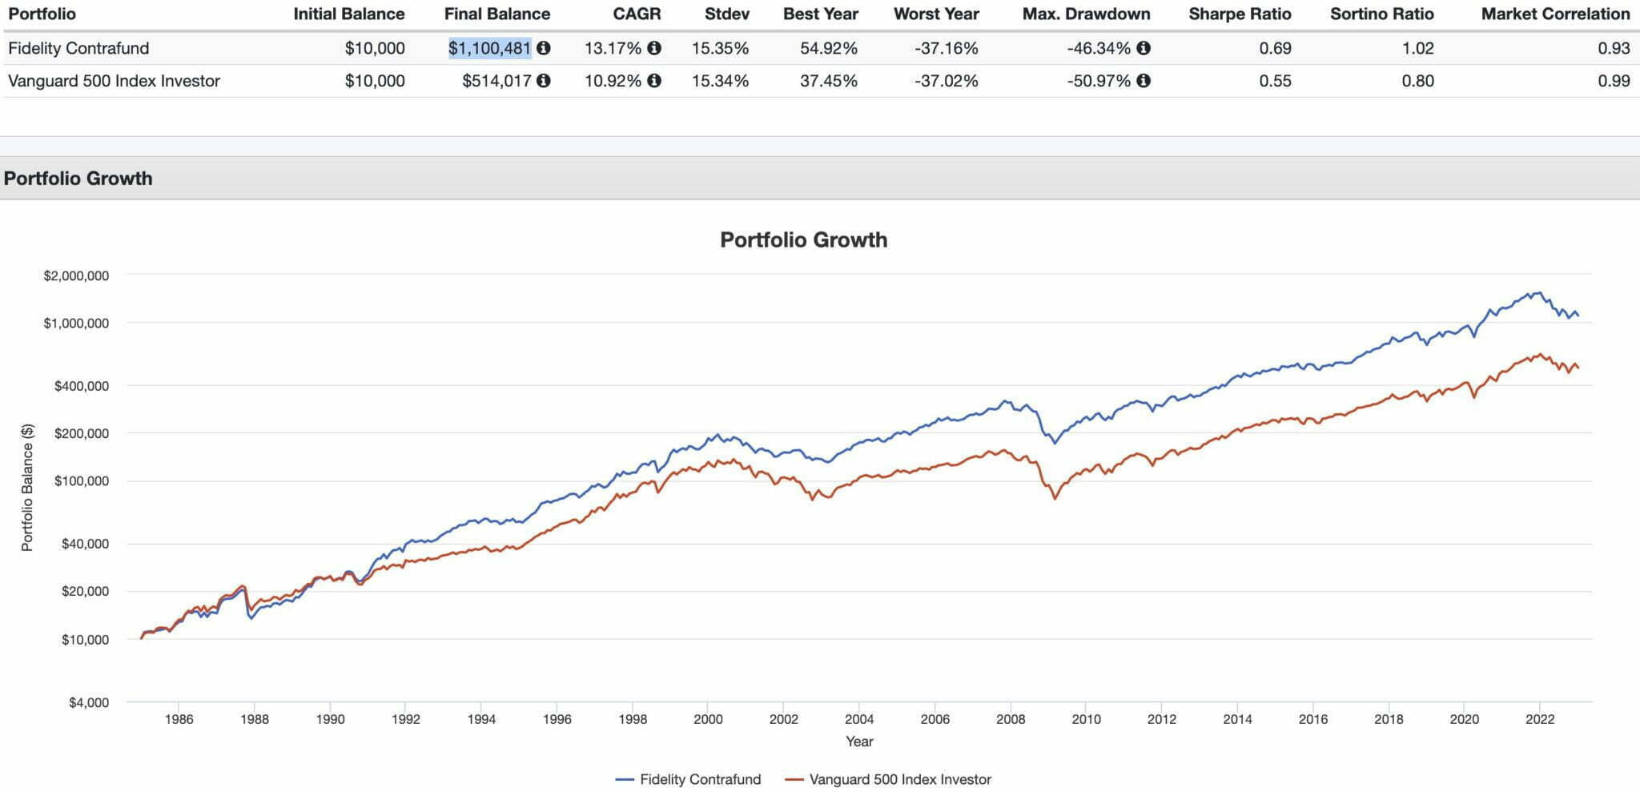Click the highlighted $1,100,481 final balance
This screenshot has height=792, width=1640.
tap(489, 48)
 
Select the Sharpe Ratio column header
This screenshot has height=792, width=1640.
tap(1240, 14)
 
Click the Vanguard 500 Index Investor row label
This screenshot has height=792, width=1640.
tap(114, 81)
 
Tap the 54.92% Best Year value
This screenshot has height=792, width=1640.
tap(828, 48)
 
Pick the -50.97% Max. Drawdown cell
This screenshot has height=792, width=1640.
tap(1099, 81)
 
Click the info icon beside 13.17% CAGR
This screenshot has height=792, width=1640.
tap(654, 48)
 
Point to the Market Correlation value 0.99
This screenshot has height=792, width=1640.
tap(1614, 81)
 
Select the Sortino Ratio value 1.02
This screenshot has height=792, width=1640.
tap(1417, 48)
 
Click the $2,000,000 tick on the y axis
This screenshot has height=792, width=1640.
tap(76, 275)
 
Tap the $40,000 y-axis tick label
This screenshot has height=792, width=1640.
tap(82, 544)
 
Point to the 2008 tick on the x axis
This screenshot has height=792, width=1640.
tap(1011, 719)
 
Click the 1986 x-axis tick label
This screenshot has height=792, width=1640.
tap(179, 719)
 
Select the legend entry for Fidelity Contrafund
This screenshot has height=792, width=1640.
tap(689, 779)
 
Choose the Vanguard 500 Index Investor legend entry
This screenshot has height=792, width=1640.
tap(889, 779)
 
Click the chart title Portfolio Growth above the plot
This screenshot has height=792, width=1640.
tap(803, 239)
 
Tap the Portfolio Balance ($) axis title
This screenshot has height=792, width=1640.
tap(27, 487)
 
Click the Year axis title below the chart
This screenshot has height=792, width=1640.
tap(859, 742)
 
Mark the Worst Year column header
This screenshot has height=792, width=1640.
tap(936, 14)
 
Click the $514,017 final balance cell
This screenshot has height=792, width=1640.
tap(496, 81)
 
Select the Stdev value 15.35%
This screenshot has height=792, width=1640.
tap(720, 48)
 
